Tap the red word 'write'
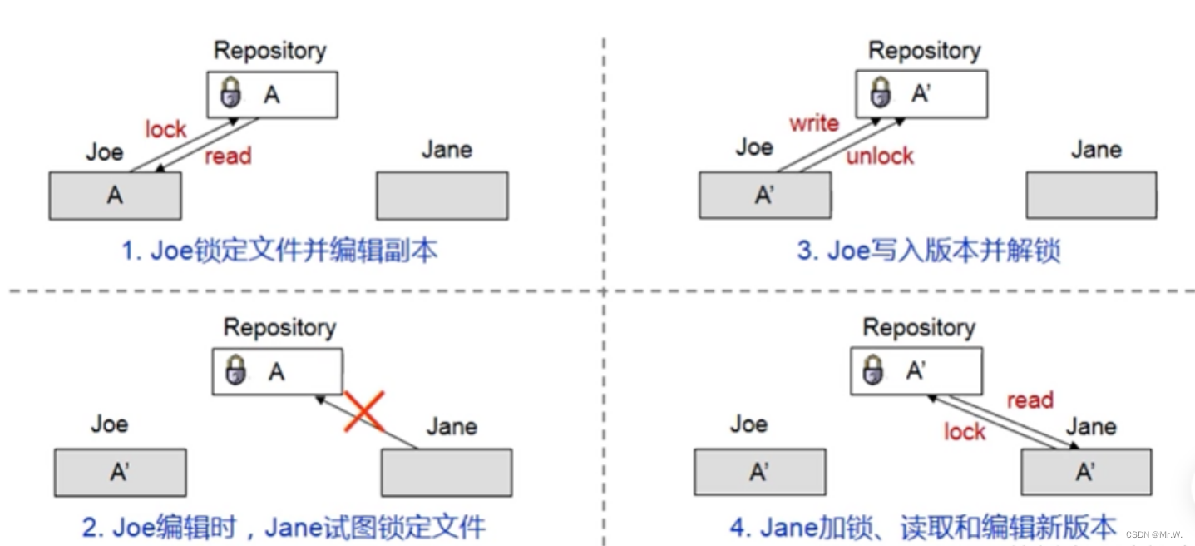tap(813, 123)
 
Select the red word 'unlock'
tap(879, 156)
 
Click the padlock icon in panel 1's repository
tap(230, 94)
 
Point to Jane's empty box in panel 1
tap(442, 196)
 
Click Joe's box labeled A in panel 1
tap(115, 196)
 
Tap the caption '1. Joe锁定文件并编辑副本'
tap(279, 251)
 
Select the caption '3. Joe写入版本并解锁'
tap(928, 251)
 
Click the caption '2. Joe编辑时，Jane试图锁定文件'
tap(284, 526)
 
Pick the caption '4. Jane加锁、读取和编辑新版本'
tap(923, 526)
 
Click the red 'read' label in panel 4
tap(1030, 400)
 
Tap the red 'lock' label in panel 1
tap(165, 129)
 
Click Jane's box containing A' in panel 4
tap(1086, 472)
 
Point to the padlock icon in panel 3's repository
tap(880, 94)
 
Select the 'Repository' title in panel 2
tap(279, 327)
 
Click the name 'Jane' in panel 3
tap(1096, 150)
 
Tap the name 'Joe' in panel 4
tap(748, 424)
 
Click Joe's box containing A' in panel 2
tap(120, 472)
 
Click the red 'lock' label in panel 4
tap(964, 431)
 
